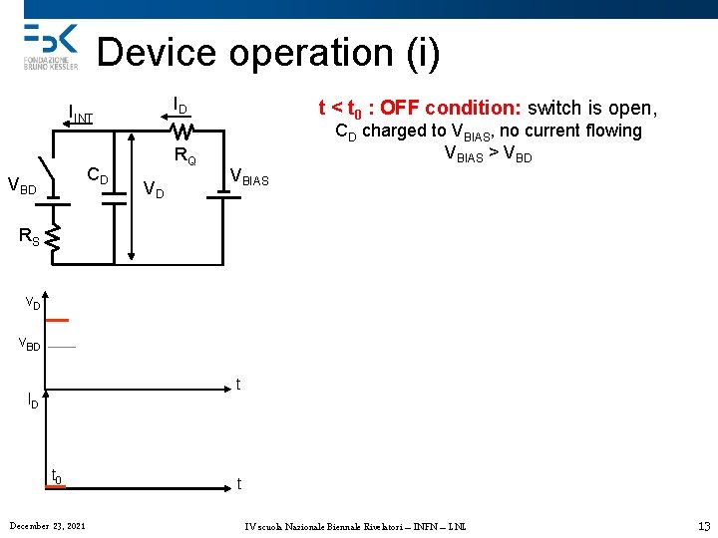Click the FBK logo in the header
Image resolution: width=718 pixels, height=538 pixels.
pos(50,41)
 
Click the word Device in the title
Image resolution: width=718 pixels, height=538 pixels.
pos(160,52)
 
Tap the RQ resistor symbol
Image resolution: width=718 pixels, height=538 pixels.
pos(182,131)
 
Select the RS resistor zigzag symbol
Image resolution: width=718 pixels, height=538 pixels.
pos(54,239)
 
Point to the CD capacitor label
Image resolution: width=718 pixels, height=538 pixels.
pos(98,176)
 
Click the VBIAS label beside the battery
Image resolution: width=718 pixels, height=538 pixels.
pos(249,177)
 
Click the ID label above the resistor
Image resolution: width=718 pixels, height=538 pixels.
pos(180,105)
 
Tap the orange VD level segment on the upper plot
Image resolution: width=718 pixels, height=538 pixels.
pos(58,320)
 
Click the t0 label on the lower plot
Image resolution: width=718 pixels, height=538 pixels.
pos(57,477)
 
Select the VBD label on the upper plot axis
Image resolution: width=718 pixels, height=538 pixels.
pos(31,346)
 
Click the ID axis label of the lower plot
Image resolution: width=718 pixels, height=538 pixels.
pos(33,402)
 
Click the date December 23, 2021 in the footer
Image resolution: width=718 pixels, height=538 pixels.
pos(47,525)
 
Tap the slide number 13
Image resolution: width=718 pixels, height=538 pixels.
pos(703,525)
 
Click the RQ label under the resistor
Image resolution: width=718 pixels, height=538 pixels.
pos(185,155)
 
